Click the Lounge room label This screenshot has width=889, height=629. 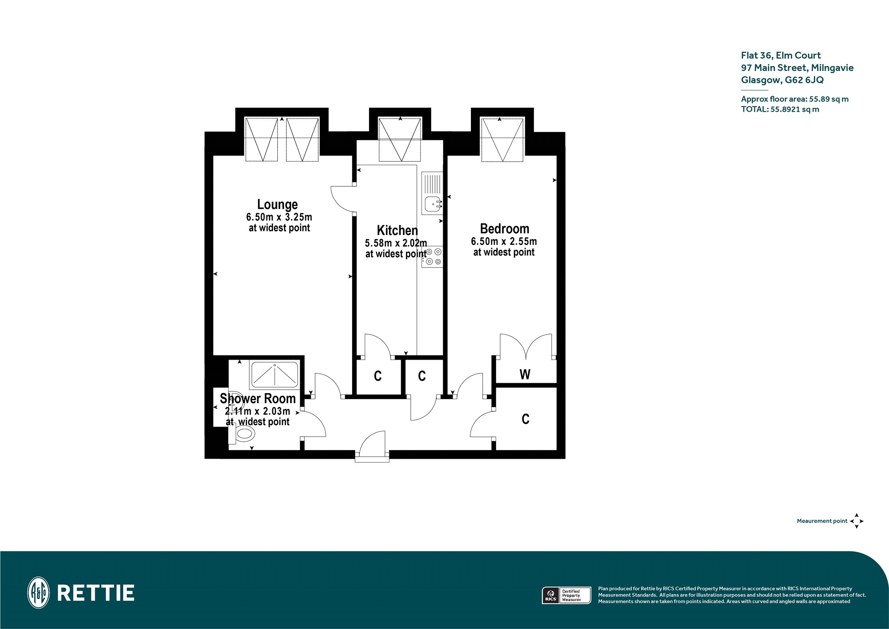coord(277,204)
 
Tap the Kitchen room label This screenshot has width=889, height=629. coord(397,230)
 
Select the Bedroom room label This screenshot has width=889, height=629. coord(504,228)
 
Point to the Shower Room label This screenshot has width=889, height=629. coord(257,398)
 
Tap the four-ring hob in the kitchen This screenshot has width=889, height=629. coord(432,257)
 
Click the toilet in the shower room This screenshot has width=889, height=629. coord(241,434)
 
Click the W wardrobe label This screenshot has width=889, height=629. coord(525,374)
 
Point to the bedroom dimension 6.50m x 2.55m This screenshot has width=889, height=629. coord(504,241)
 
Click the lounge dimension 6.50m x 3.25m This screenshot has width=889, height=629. coord(279,217)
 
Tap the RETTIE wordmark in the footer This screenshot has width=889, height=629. coord(96,593)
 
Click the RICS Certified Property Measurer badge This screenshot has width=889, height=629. coord(566,595)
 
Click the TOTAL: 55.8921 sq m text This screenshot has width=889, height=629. coord(780,109)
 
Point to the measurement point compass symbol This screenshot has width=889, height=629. coord(856,521)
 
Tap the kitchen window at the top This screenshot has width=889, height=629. coord(400,139)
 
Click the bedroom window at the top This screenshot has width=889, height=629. coord(502,139)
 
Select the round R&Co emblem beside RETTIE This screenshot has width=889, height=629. coord(38,593)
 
